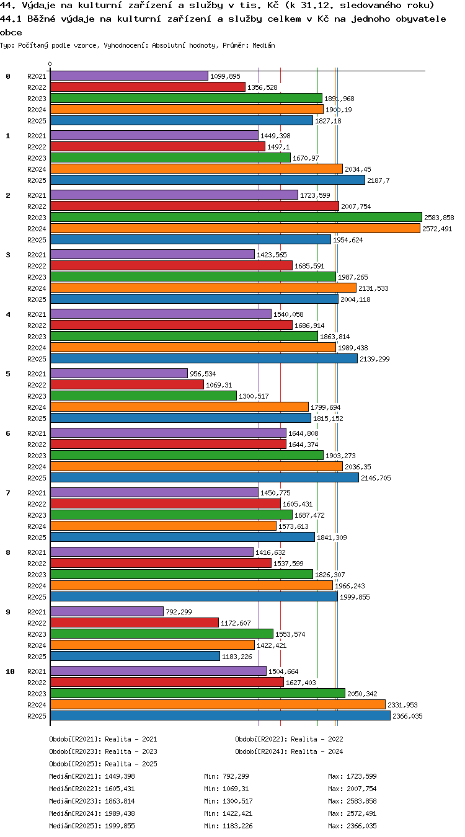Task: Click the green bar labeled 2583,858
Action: [236, 217]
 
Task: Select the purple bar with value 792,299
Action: [107, 611]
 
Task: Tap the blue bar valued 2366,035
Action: [220, 715]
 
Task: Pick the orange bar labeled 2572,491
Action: [235, 228]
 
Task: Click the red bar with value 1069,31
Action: [126, 384]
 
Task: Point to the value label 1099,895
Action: [225, 76]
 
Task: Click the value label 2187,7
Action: [378, 180]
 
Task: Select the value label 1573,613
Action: [293, 526]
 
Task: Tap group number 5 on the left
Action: [8, 374]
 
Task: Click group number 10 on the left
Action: [10, 671]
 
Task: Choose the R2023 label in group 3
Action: [37, 277]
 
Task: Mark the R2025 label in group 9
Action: [37, 657]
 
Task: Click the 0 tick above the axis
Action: [50, 64]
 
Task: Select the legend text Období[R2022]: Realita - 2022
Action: [289, 739]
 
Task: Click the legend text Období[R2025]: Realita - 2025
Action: [103, 764]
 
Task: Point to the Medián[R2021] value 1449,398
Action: [120, 776]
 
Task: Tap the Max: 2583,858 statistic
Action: [352, 801]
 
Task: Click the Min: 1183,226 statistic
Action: [228, 826]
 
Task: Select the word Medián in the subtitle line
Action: [263, 46]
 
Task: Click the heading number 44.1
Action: [11, 19]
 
